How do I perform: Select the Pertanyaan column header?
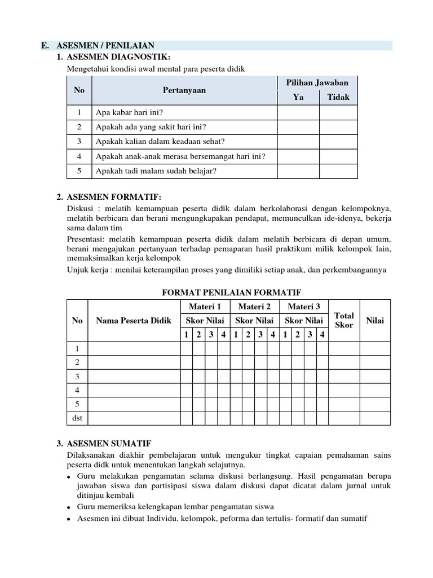(184, 90)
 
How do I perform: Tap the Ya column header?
(298, 97)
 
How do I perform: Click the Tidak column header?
(338, 97)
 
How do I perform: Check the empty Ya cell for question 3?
(298, 142)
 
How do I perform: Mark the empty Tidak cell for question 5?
(338, 171)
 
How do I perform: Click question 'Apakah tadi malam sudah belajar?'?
(157, 171)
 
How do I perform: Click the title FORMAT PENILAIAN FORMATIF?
(231, 292)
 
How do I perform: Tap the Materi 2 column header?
(254, 306)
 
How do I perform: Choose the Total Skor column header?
(344, 321)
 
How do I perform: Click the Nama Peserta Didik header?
(133, 321)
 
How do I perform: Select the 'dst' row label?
(77, 418)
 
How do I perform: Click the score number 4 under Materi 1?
(224, 335)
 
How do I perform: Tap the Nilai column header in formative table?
(375, 321)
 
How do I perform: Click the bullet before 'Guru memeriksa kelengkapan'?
(69, 507)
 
